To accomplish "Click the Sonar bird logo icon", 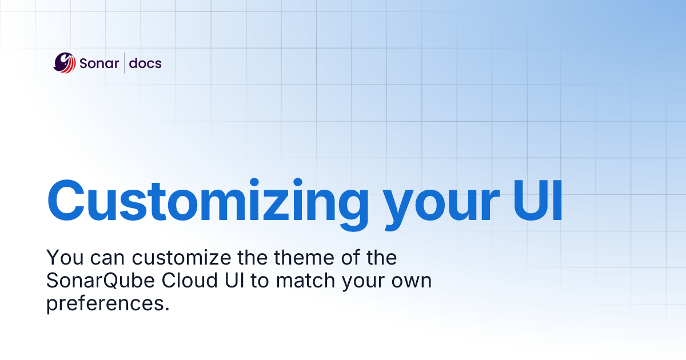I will (x=65, y=63).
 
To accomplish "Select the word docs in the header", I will (x=145, y=63).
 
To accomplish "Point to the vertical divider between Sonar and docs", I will (x=124, y=63).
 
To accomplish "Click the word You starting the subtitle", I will (x=62, y=258).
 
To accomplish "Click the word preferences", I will (x=108, y=304).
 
